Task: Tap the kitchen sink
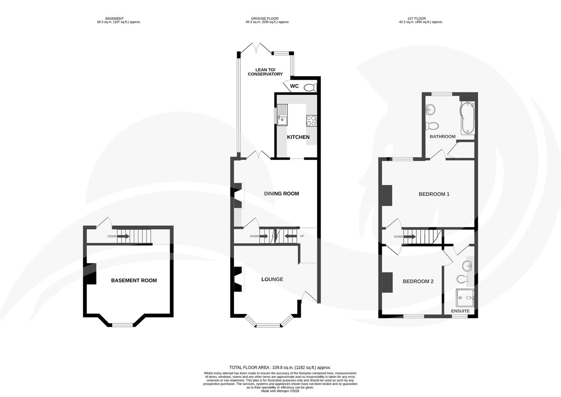pyautogui.click(x=282, y=115)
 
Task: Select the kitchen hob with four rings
pyautogui.click(x=311, y=121)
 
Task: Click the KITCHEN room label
pyautogui.click(x=298, y=137)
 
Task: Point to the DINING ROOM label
pyautogui.click(x=282, y=194)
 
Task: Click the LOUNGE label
pyautogui.click(x=272, y=279)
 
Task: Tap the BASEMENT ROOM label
pyautogui.click(x=134, y=280)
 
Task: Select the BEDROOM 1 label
pyautogui.click(x=434, y=194)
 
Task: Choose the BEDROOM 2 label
pyautogui.click(x=418, y=282)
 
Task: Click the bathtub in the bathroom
pyautogui.click(x=467, y=118)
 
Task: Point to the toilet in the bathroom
pyautogui.click(x=432, y=126)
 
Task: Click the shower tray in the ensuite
pyautogui.click(x=465, y=298)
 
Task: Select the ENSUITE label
pyautogui.click(x=460, y=311)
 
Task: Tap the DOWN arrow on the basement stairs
pyautogui.click(x=123, y=236)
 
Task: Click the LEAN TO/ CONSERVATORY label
pyautogui.click(x=265, y=72)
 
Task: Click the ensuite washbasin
pyautogui.click(x=467, y=265)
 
